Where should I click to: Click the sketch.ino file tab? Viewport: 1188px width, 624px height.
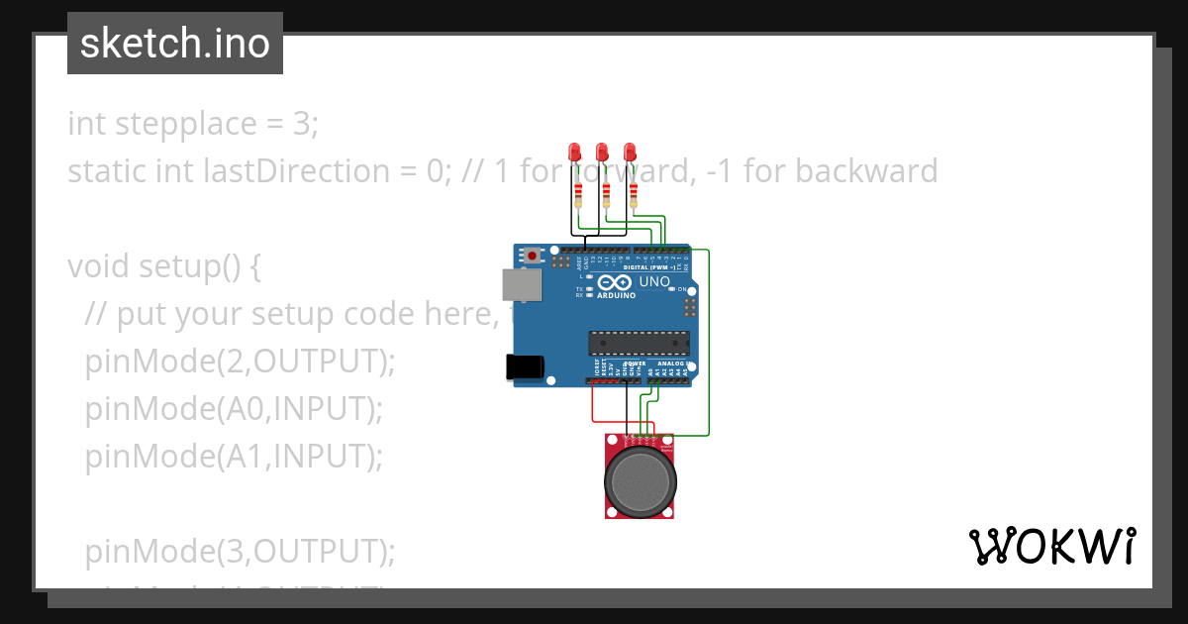coord(175,44)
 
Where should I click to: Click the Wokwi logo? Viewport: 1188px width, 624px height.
coord(1051,546)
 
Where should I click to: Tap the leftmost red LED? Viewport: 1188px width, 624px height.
coord(574,152)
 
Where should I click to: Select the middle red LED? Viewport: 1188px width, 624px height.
coord(602,152)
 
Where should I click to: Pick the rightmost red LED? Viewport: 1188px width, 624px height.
coord(630,152)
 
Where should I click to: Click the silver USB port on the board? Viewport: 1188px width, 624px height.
coord(522,284)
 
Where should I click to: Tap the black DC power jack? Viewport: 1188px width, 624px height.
coord(525,366)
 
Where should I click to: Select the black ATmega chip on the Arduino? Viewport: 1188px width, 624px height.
coord(639,343)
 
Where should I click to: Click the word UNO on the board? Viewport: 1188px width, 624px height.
coord(654,281)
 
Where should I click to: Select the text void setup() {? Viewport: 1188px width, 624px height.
coord(164,267)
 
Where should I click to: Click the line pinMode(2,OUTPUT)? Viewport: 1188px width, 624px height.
coord(240,362)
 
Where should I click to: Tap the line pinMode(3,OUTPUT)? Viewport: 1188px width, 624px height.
coord(240,551)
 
